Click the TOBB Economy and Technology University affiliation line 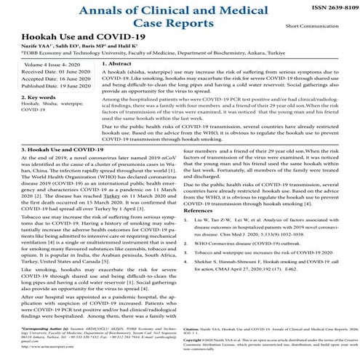tap(109, 52)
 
